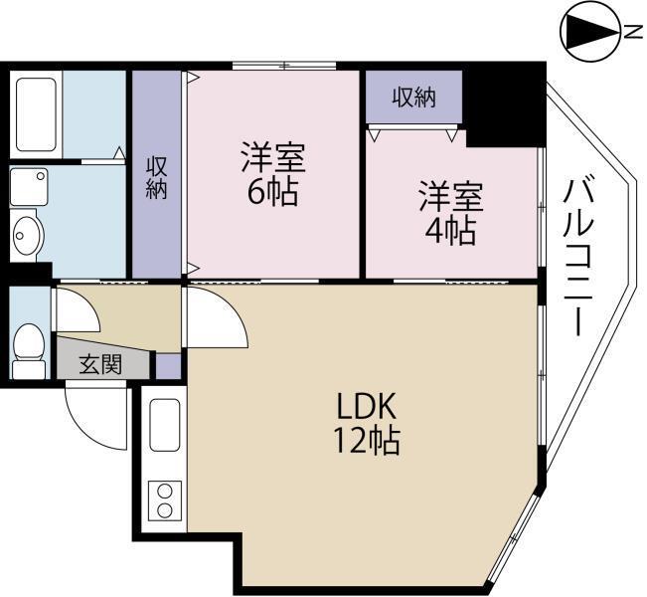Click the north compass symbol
point(590,32)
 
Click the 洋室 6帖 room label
point(271,173)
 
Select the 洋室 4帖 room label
point(450,213)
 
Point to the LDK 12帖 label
point(367,422)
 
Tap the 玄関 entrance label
point(99,364)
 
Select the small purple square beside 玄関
point(168,365)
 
